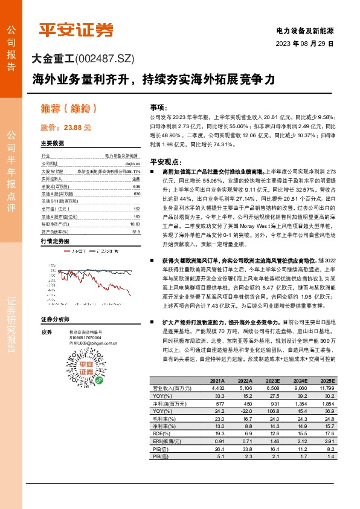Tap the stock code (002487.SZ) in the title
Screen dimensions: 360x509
point(104,59)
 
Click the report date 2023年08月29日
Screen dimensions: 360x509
point(304,44)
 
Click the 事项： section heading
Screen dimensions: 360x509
point(158,106)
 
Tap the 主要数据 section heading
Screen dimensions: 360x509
point(53,144)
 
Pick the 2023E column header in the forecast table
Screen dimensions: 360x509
point(267,381)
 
